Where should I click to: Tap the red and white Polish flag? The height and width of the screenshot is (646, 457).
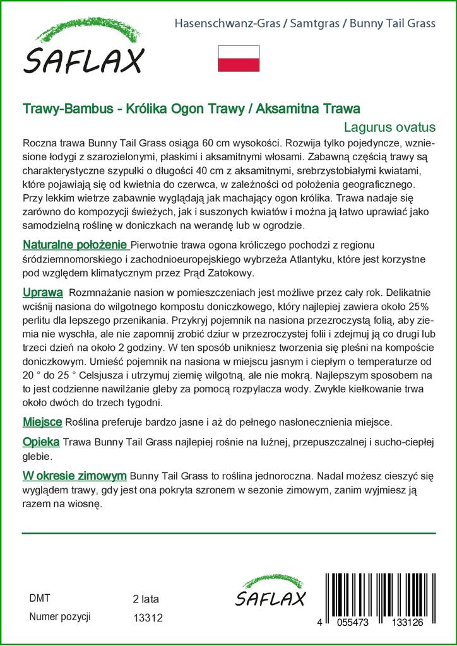click(x=239, y=58)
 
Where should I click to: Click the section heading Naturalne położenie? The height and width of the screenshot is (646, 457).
click(x=76, y=245)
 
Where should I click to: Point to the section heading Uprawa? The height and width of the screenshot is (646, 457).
click(x=42, y=293)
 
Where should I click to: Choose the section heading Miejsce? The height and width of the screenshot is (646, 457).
click(x=42, y=421)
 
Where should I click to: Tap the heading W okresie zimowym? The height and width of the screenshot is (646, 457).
click(x=74, y=475)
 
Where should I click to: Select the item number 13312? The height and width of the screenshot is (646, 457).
click(x=148, y=619)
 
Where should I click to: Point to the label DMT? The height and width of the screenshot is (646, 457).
click(x=40, y=598)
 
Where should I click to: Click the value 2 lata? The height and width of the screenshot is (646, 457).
click(x=146, y=599)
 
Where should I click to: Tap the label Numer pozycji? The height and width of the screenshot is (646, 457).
click(x=61, y=616)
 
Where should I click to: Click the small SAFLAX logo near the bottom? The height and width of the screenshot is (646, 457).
click(x=270, y=591)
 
